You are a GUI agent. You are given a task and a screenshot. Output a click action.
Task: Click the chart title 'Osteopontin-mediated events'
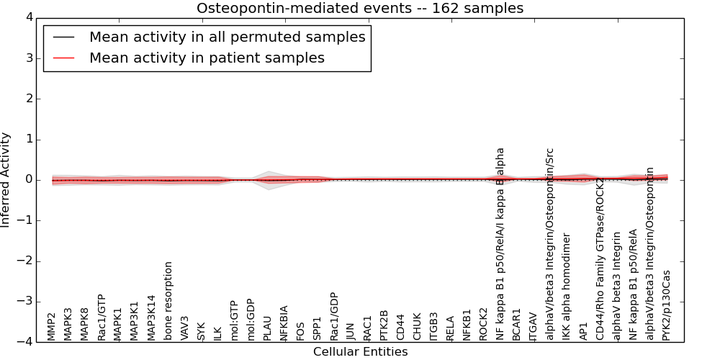tap(360, 9)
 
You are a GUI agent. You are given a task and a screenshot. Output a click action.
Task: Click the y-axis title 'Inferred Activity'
tap(6, 180)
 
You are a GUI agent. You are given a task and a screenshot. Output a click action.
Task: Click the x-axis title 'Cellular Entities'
tap(360, 352)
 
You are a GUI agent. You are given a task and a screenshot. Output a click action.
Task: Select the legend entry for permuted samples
tap(227, 37)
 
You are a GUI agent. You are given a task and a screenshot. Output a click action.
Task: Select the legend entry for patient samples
tap(207, 58)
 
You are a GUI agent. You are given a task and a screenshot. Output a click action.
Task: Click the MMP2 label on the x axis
tap(52, 326)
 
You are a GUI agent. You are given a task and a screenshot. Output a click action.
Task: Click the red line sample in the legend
tap(63, 58)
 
